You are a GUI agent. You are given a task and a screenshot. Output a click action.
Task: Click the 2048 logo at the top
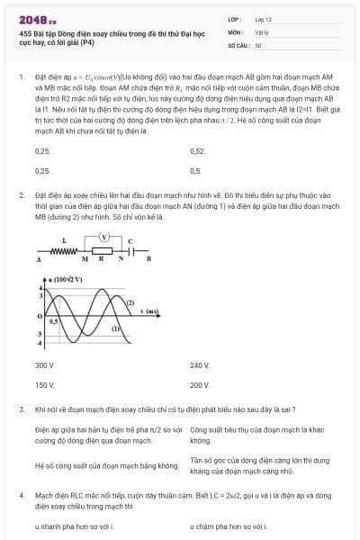pos(38,19)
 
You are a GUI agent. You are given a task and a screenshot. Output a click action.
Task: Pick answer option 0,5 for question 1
pos(195,170)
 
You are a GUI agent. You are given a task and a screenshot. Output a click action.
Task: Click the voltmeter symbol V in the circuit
pos(104,238)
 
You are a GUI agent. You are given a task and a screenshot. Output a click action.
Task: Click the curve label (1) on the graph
pos(115,329)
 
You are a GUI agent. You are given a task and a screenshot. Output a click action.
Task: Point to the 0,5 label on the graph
pos(54,320)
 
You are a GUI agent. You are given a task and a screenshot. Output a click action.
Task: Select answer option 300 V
pos(44,365)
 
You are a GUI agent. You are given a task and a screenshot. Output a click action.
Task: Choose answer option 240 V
pos(199,365)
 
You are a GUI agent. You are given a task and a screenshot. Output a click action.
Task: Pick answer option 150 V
pos(44,384)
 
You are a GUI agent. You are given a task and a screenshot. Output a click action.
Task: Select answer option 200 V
pos(199,384)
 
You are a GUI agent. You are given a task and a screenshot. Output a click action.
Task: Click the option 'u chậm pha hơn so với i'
pos(229,525)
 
